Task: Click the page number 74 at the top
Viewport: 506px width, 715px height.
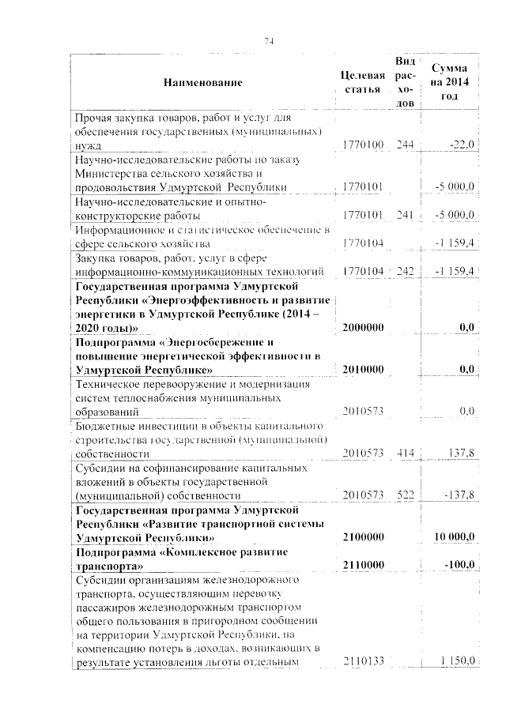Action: point(269,42)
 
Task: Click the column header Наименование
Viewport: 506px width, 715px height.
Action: point(203,82)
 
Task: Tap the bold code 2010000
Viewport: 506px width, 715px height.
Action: point(364,369)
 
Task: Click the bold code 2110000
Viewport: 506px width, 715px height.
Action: point(364,565)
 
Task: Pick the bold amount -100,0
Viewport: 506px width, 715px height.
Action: point(458,565)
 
